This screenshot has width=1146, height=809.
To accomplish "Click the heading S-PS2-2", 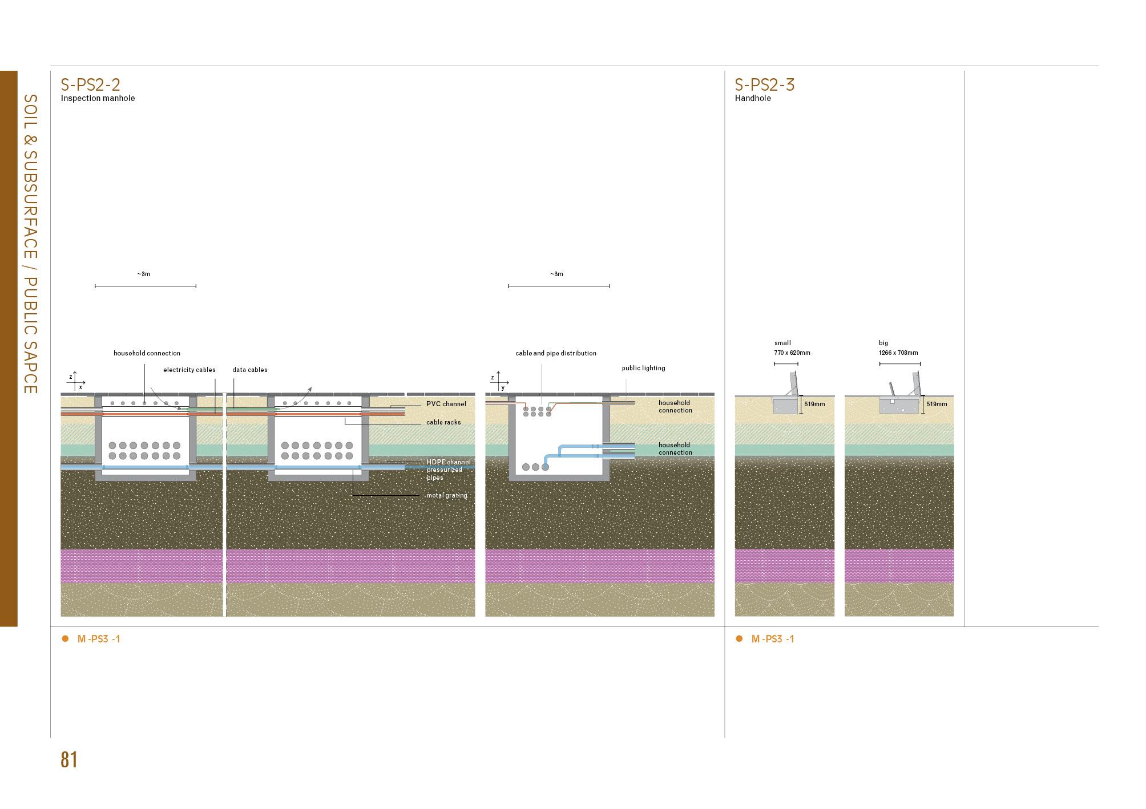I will pyautogui.click(x=90, y=84).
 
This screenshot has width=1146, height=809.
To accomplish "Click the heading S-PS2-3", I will pyautogui.click(x=764, y=84).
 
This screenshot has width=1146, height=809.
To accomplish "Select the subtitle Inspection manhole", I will pyautogui.click(x=98, y=98).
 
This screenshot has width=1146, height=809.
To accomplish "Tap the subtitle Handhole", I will pyautogui.click(x=752, y=98).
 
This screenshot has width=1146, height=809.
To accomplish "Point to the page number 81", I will pyautogui.click(x=69, y=760).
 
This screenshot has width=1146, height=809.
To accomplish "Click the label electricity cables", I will pyautogui.click(x=189, y=370).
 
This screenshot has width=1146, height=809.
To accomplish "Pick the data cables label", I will pyautogui.click(x=249, y=370).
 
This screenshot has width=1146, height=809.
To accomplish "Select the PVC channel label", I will pyautogui.click(x=446, y=404).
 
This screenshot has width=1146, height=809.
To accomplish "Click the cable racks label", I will pyautogui.click(x=443, y=422).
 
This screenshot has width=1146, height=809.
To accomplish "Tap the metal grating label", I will pyautogui.click(x=446, y=495).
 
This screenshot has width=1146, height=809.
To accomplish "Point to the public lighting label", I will pyautogui.click(x=643, y=368).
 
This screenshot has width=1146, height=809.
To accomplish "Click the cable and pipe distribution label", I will pyautogui.click(x=555, y=353).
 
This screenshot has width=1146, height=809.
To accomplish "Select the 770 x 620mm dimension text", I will pyautogui.click(x=792, y=353).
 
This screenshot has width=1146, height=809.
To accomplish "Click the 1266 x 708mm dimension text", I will pyautogui.click(x=898, y=353).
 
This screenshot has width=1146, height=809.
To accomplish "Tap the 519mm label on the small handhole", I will pyautogui.click(x=814, y=404).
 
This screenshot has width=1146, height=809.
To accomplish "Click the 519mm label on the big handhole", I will pyautogui.click(x=936, y=404).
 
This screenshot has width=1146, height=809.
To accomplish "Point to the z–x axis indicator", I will pyautogui.click(x=76, y=381).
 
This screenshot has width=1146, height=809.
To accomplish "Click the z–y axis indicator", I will pyautogui.click(x=499, y=381).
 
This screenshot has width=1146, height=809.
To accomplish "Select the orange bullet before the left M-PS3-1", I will pyautogui.click(x=65, y=638).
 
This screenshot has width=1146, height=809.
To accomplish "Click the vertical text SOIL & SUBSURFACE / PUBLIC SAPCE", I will pyautogui.click(x=30, y=244).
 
